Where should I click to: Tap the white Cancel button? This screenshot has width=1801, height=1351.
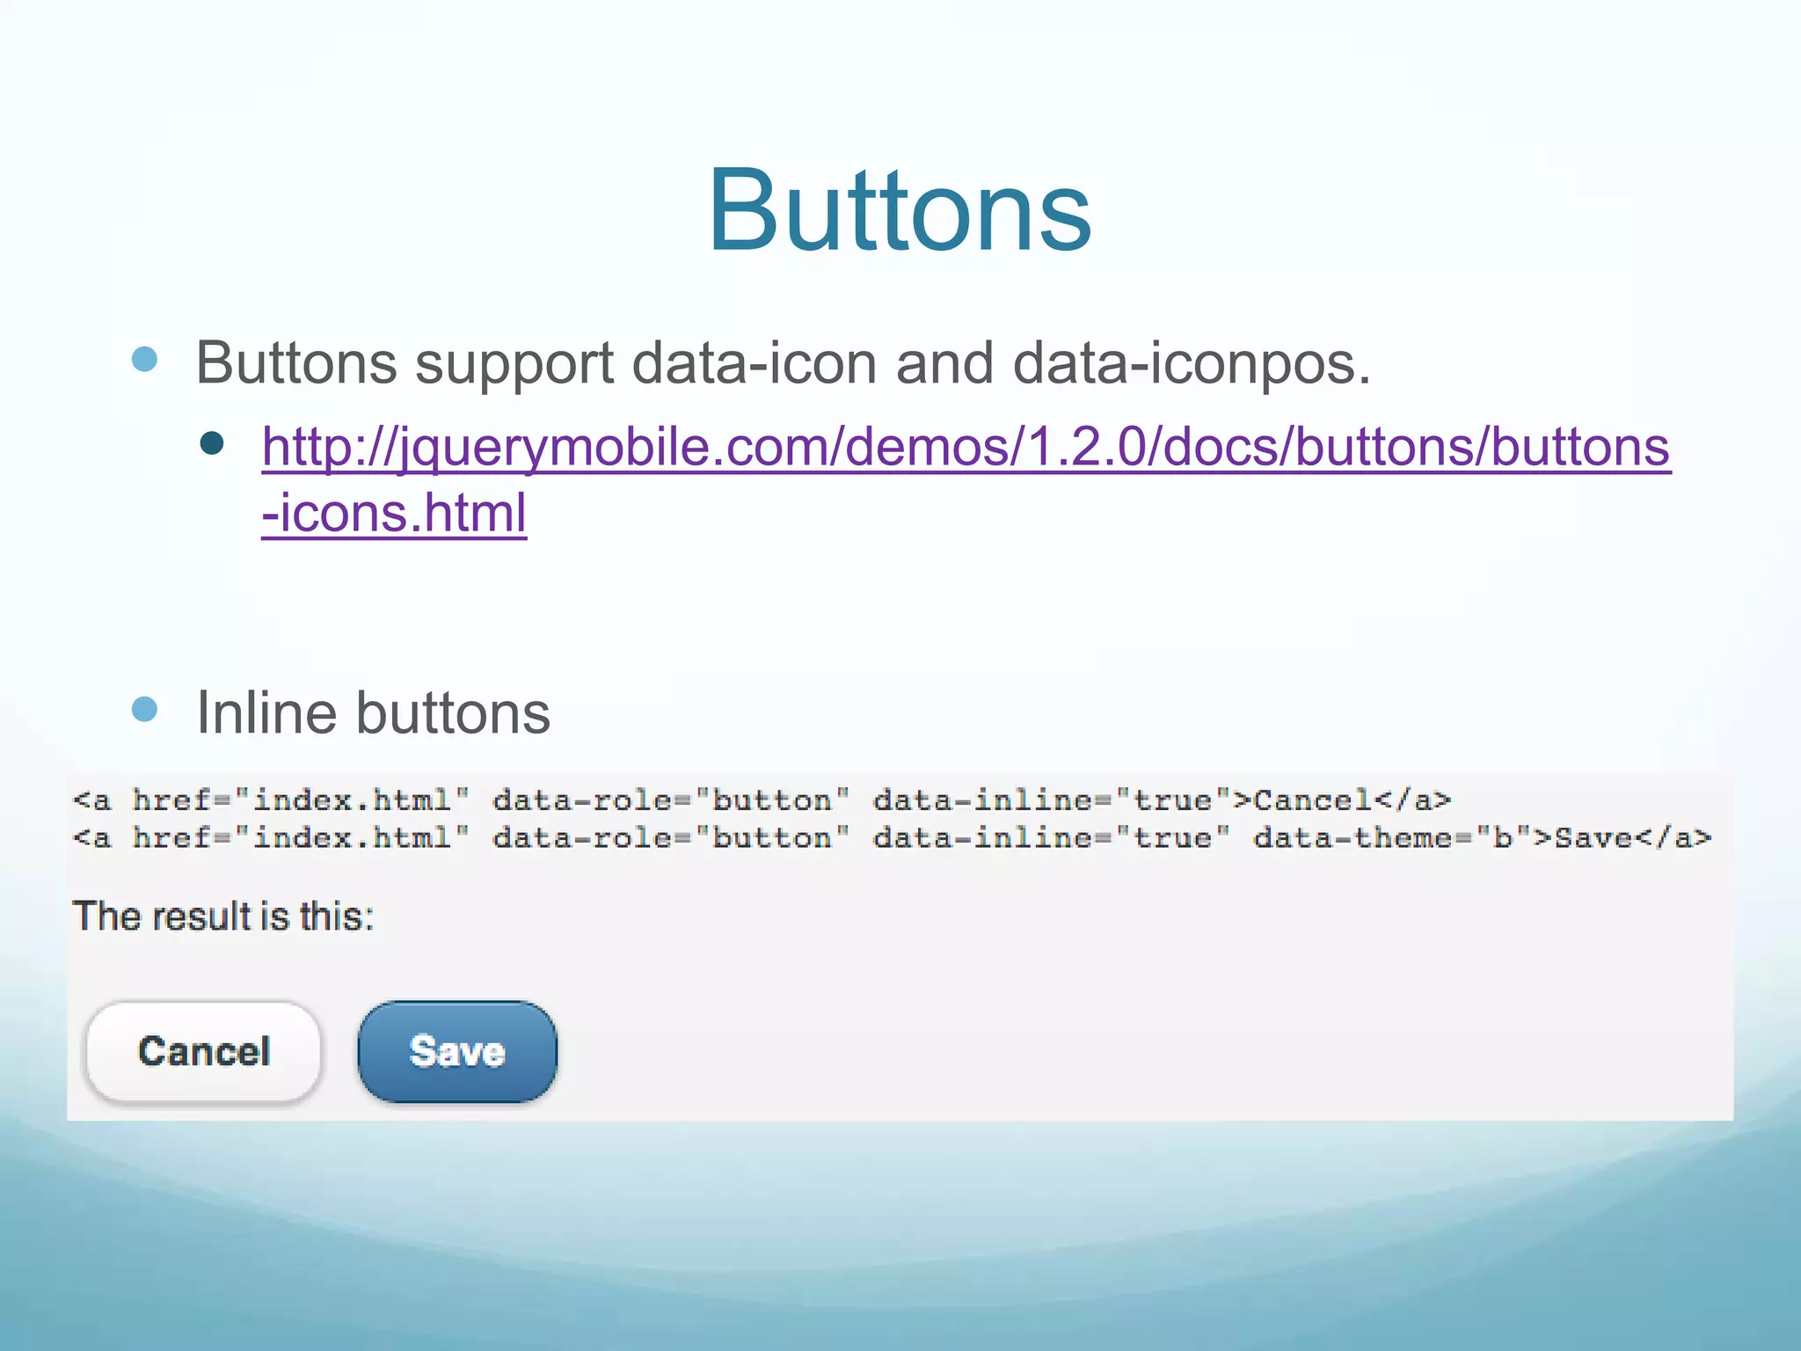point(203,1051)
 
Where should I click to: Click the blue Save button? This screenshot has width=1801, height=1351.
point(457,1051)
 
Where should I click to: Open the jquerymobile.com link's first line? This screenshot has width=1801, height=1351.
point(966,447)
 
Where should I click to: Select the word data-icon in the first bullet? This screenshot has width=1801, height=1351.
point(754,362)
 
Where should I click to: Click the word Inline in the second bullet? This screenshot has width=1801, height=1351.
point(266,712)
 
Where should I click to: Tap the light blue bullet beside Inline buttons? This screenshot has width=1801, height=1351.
point(144,709)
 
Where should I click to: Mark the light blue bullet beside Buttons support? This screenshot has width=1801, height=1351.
point(144,359)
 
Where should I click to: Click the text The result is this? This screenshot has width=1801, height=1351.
point(223,916)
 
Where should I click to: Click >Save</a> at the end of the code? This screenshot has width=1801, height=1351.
point(1622,837)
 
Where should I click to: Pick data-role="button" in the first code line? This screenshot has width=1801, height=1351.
point(671,800)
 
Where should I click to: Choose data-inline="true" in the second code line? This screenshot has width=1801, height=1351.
point(1051,837)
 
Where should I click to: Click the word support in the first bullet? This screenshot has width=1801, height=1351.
point(514,362)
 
